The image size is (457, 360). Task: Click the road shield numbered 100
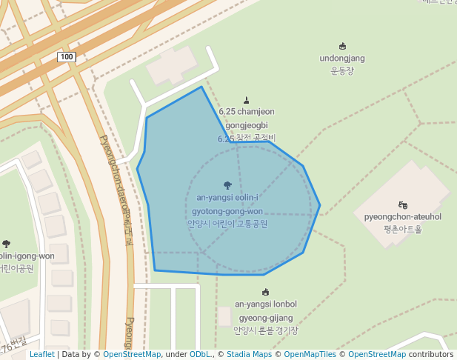tap(67, 57)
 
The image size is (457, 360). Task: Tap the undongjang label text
tap(342, 59)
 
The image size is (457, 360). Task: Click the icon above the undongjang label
tap(342, 46)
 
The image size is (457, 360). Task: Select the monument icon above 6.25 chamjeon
tap(247, 101)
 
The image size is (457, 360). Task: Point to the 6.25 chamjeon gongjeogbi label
tap(247, 124)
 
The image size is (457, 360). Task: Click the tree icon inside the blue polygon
tap(227, 185)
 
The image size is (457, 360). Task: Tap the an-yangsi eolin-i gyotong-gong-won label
tap(227, 211)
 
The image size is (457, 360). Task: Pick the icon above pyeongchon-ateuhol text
tap(402, 204)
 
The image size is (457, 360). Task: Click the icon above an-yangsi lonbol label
tap(266, 292)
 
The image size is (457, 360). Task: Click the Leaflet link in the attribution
tap(41, 355)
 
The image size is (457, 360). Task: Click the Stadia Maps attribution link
tap(249, 355)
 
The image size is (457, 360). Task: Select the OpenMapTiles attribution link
tap(310, 355)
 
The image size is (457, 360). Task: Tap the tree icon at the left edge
tap(7, 243)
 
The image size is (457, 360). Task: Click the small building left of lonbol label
tap(224, 316)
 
